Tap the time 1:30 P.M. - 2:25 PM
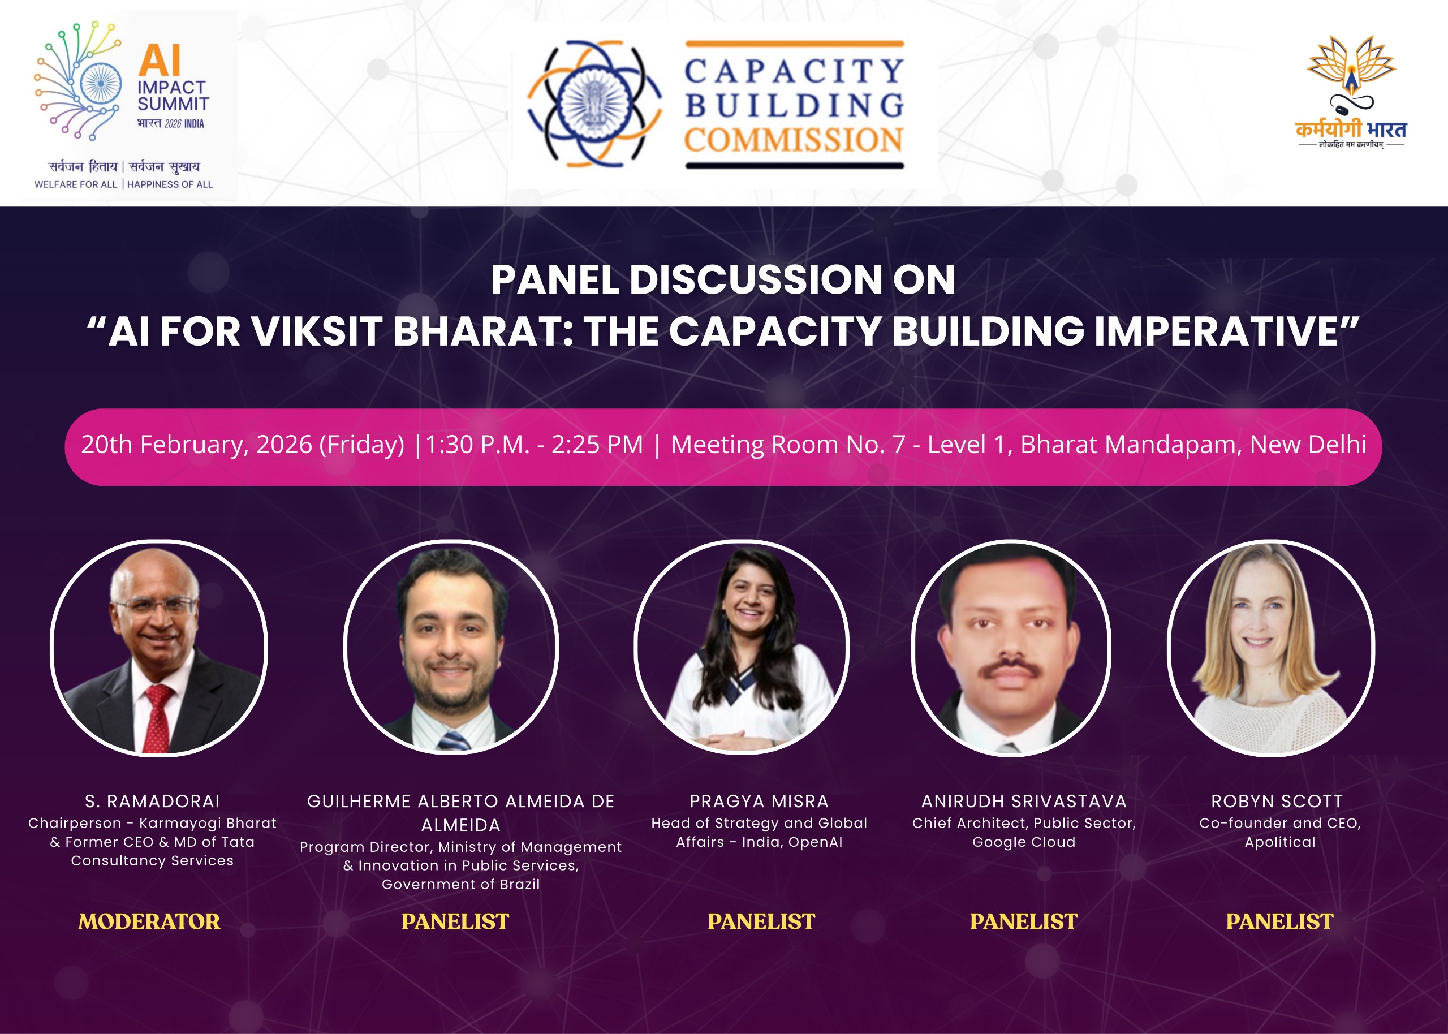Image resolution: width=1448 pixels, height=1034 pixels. [534, 445]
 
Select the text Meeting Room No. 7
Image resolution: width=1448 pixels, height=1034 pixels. [788, 445]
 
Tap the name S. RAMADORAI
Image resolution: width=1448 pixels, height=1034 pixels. [152, 801]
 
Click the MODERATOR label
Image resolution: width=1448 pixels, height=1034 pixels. [149, 921]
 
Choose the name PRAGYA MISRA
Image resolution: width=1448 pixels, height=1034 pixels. [759, 801]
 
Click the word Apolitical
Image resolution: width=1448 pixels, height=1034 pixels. [1280, 842]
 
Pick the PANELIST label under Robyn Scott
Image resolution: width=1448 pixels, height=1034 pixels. [1279, 921]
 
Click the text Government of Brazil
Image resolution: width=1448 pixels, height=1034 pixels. [461, 884]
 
